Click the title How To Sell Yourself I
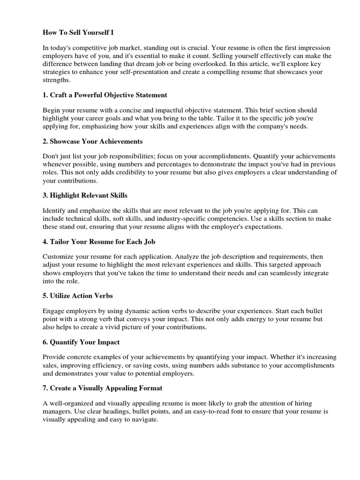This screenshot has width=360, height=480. pyautogui.click(x=78, y=33)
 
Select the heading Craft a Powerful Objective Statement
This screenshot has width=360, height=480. pyautogui.click(x=105, y=95)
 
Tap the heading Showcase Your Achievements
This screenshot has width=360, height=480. pyautogui.click(x=92, y=141)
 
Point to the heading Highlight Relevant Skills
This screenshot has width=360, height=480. pyautogui.click(x=85, y=195)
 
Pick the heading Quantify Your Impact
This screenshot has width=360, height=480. pyautogui.click(x=81, y=342)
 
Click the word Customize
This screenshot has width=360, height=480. pyautogui.click(x=59, y=257)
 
